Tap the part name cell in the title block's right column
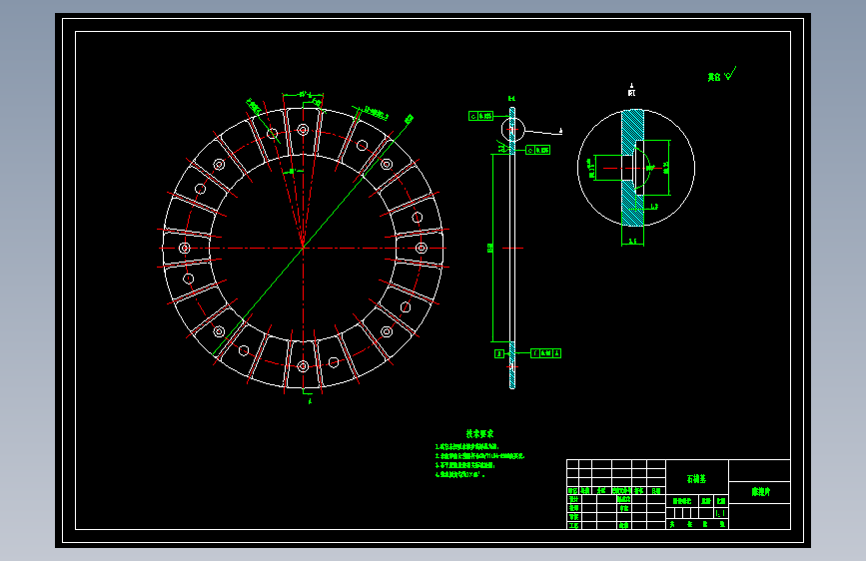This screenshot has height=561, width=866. click(759, 492)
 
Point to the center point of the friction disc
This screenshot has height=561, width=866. click(302, 247)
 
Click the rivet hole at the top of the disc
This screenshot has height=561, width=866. click(303, 129)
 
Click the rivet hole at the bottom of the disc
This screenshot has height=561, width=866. click(303, 366)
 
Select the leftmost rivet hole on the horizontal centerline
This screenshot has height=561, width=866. click(184, 248)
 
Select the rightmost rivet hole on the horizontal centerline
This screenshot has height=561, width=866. click(421, 248)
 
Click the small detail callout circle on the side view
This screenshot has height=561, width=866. click(512, 130)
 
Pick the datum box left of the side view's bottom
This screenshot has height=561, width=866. click(498, 352)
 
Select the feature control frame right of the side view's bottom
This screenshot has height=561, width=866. click(545, 352)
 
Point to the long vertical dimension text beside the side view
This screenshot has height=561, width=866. click(489, 248)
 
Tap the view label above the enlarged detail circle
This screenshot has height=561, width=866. click(631, 91)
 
